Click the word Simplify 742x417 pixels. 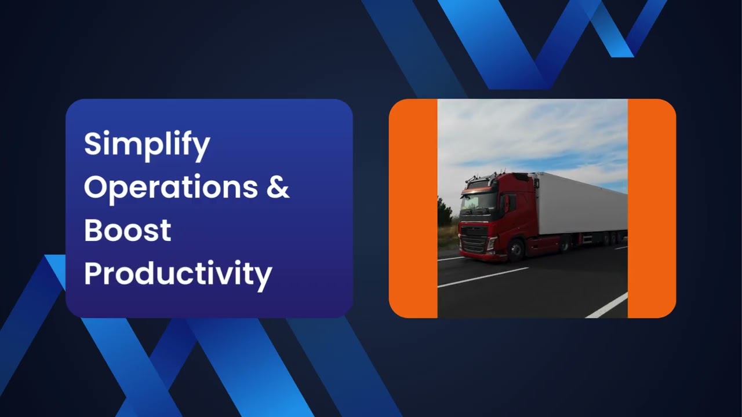[x=147, y=145]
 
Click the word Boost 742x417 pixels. [x=128, y=230]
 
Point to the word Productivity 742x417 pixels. [x=178, y=273]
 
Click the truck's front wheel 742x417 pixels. [x=516, y=249]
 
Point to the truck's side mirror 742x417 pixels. [x=505, y=203]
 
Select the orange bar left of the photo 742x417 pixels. [x=413, y=209]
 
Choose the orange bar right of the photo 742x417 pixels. [x=652, y=209]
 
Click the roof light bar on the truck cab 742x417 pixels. [x=481, y=177]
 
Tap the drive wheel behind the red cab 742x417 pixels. [x=565, y=244]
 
